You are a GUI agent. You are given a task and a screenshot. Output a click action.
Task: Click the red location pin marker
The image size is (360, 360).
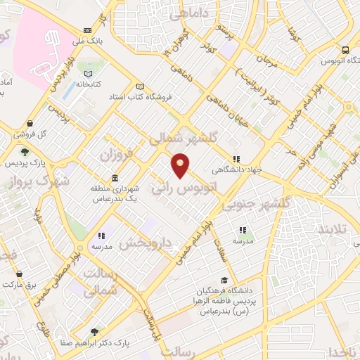point(181,165)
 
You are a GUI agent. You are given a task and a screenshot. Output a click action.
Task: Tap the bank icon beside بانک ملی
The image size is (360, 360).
point(87,30)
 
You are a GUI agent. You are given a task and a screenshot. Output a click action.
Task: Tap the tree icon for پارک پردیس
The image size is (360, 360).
point(25,152)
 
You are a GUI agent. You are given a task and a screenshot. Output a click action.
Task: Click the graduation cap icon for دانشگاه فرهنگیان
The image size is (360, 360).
point(223,281)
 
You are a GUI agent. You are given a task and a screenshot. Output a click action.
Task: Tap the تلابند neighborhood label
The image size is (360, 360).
point(333,231)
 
